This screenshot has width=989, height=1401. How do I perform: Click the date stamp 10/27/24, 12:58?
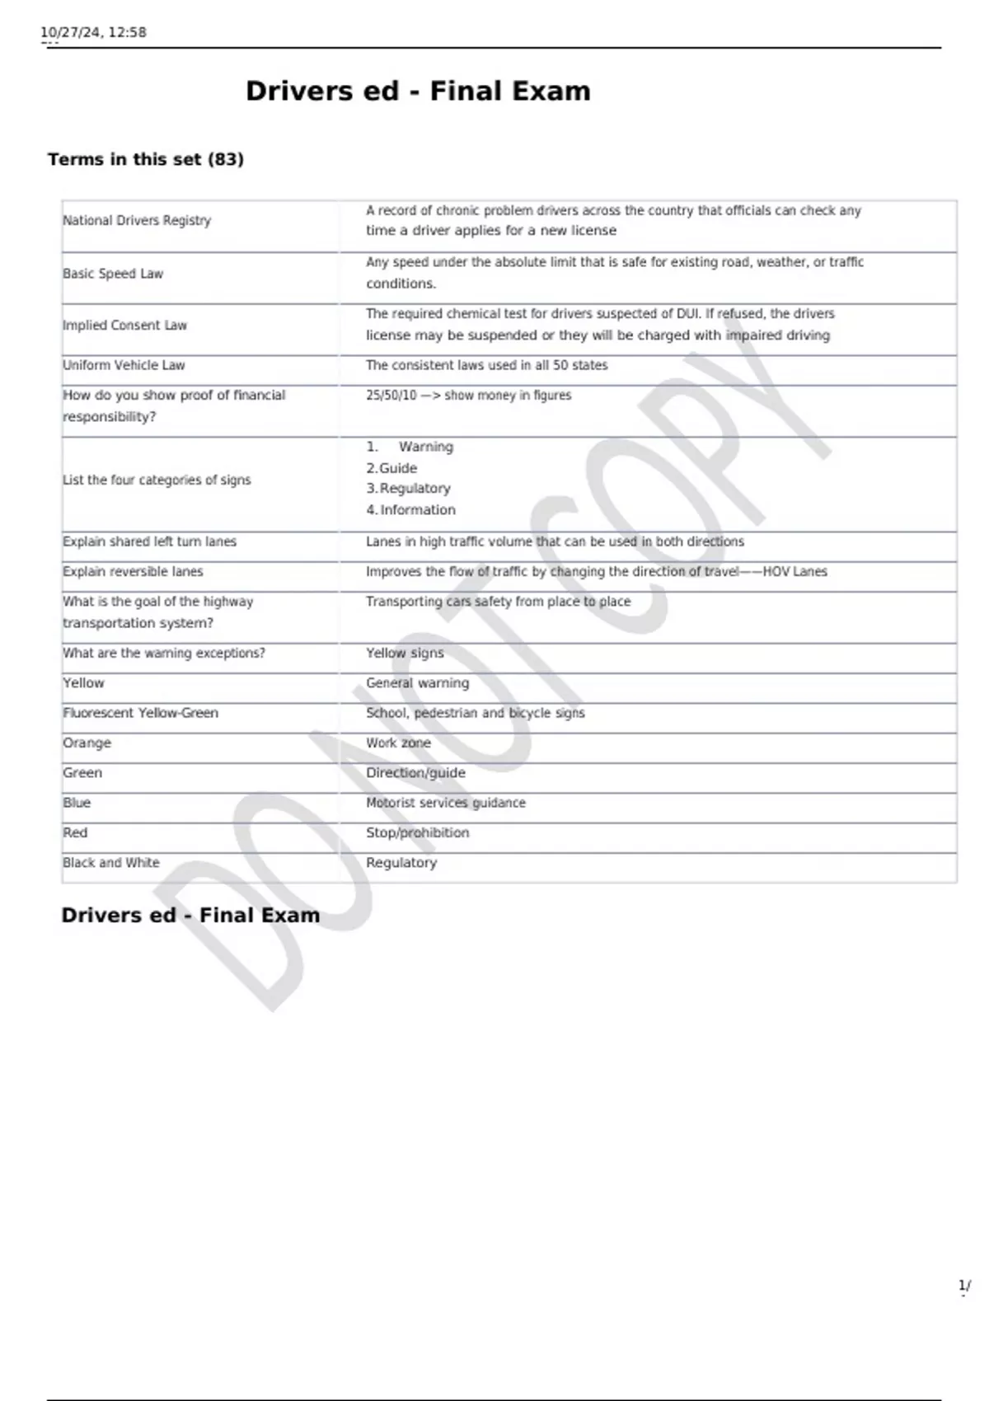pyautogui.click(x=94, y=33)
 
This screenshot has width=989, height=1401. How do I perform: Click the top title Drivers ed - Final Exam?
pyautogui.click(x=418, y=91)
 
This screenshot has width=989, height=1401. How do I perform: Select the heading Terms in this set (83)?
pyautogui.click(x=146, y=159)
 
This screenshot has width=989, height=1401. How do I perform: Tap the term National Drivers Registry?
pyautogui.click(x=137, y=221)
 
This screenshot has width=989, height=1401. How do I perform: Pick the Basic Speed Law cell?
pyautogui.click(x=113, y=274)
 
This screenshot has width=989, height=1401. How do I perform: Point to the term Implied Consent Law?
pyautogui.click(x=125, y=326)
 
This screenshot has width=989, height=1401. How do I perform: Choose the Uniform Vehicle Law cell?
pyautogui.click(x=124, y=365)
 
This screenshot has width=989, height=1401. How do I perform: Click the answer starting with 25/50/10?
pyautogui.click(x=468, y=396)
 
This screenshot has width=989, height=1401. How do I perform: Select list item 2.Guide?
pyautogui.click(x=391, y=468)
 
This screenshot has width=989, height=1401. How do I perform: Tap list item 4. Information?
pyautogui.click(x=410, y=510)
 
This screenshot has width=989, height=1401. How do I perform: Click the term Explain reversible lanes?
pyautogui.click(x=133, y=572)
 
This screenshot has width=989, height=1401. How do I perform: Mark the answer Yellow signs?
pyautogui.click(x=405, y=654)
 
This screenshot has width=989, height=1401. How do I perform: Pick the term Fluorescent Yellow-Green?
pyautogui.click(x=141, y=713)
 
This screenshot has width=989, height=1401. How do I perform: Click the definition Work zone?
pyautogui.click(x=398, y=743)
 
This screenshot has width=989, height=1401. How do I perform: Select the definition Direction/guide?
pyautogui.click(x=415, y=773)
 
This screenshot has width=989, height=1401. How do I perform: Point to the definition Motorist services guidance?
pyautogui.click(x=445, y=803)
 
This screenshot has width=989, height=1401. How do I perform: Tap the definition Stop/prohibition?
pyautogui.click(x=417, y=833)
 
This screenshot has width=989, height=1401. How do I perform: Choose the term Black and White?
pyautogui.click(x=111, y=863)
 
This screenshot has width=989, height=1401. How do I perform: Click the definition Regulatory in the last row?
pyautogui.click(x=401, y=863)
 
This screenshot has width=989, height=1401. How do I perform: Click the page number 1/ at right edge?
pyautogui.click(x=964, y=1286)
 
